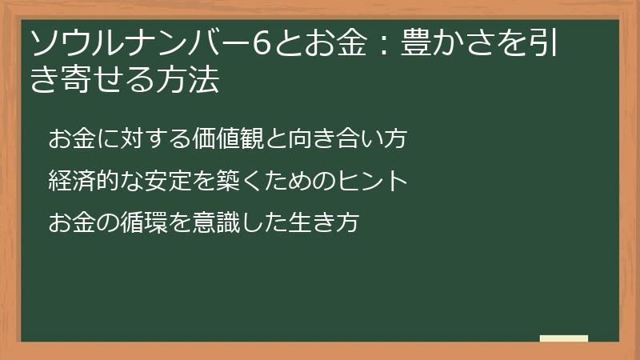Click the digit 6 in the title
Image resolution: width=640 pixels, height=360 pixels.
tap(261, 43)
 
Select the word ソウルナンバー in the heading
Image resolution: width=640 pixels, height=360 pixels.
tap(138, 43)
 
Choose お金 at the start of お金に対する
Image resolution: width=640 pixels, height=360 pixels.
tap(72, 138)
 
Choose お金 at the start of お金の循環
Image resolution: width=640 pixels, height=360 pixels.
tap(72, 222)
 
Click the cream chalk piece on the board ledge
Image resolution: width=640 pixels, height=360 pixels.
tap(564, 338)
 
